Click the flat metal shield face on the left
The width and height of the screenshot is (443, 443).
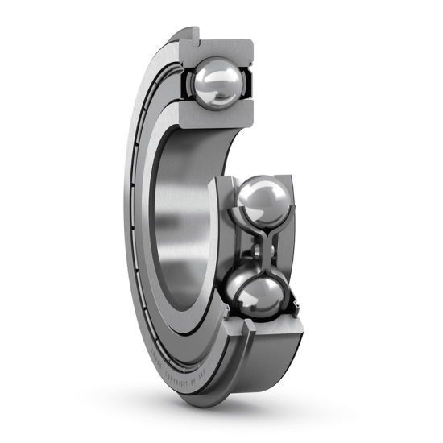click(141, 201)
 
